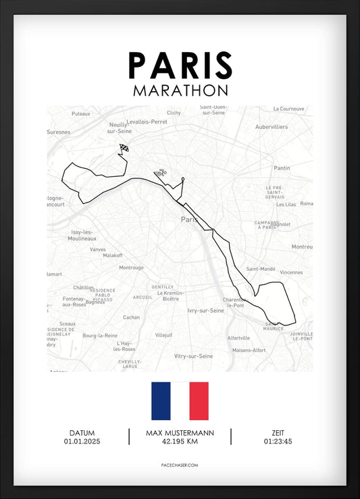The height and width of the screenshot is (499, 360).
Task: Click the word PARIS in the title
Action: (x=180, y=65)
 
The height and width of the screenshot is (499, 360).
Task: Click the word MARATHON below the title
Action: (x=180, y=90)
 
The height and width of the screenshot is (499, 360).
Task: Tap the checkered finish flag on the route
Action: (x=124, y=149)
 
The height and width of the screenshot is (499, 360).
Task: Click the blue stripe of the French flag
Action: (x=161, y=401)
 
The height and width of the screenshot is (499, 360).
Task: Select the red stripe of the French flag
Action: (x=199, y=401)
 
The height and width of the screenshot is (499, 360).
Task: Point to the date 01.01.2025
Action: (x=81, y=442)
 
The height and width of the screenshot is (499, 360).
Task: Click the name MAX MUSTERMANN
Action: (x=180, y=433)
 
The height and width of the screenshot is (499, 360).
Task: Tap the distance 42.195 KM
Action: (x=180, y=442)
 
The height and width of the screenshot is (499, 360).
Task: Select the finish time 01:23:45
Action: (x=278, y=442)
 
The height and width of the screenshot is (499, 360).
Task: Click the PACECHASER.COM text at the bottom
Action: (x=180, y=466)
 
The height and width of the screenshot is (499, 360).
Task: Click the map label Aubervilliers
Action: (x=272, y=127)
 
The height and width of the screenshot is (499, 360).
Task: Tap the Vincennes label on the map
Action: (x=292, y=272)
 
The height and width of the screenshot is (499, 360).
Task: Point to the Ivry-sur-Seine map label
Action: (x=205, y=311)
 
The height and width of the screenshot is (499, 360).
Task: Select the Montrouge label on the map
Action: (x=131, y=267)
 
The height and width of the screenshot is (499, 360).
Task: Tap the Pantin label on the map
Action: (x=282, y=168)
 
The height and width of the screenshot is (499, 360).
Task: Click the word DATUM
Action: (x=81, y=433)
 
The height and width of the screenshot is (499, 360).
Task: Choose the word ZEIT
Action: (x=278, y=433)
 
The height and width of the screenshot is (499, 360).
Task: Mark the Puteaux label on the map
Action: (x=80, y=114)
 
